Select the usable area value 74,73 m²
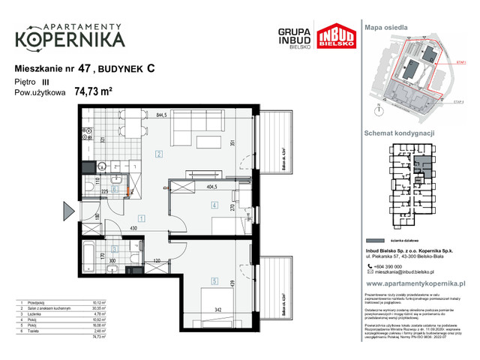click(x=93, y=92)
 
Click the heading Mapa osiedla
click(x=386, y=26)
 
